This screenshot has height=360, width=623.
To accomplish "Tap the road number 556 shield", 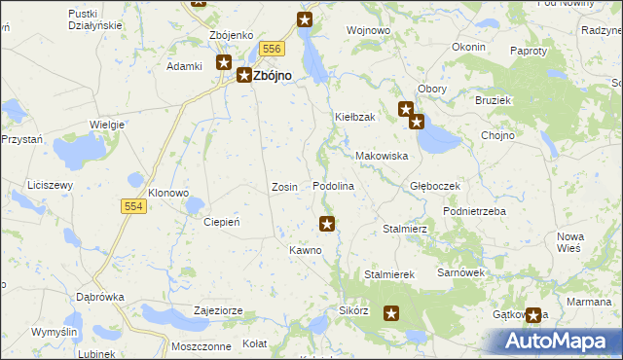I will [x=272, y=49].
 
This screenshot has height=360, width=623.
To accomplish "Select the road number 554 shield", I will [x=135, y=206].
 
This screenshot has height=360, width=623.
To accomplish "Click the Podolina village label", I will [x=333, y=186].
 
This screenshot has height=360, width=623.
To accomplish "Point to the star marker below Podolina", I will [x=328, y=224].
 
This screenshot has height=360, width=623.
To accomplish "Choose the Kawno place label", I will [x=305, y=250].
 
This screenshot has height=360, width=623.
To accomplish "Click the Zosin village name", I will [x=284, y=186].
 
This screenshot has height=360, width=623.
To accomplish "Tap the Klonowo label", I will [x=168, y=193].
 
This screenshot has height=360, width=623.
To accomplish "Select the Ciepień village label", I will [x=221, y=222].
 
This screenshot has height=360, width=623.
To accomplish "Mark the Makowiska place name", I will [x=381, y=156].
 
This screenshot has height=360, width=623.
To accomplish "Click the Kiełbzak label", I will [x=355, y=117].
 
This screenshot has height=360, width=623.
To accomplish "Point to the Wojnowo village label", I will [x=369, y=31].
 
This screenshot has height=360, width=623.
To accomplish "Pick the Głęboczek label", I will [x=434, y=185].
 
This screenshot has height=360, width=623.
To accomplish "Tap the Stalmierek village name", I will [x=389, y=274].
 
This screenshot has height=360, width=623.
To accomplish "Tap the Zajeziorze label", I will [x=218, y=310].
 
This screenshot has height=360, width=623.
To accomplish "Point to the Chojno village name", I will [x=497, y=135].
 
